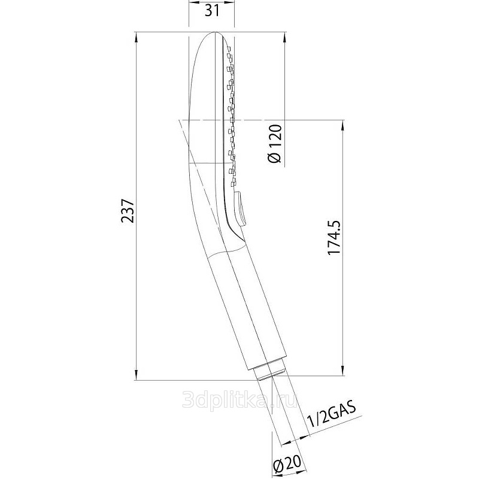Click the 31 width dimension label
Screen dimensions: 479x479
(212, 11)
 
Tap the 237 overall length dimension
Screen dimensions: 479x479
(128, 211)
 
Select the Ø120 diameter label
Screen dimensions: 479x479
(274, 144)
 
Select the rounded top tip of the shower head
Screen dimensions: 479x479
(215, 32)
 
